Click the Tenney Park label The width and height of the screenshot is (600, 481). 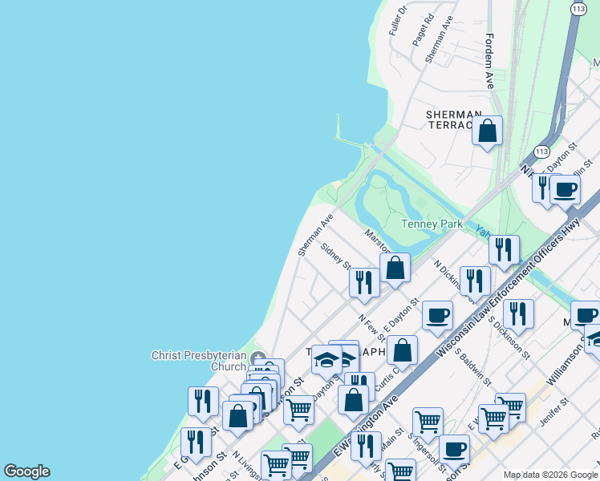pos(432,224)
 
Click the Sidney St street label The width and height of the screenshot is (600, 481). pos(335,255)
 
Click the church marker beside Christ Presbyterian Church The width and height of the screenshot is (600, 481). pos(257,358)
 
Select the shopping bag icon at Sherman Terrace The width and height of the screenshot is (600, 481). pos(487,130)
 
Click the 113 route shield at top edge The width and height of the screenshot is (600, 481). pos(578,8)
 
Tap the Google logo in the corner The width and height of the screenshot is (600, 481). pos(26,471)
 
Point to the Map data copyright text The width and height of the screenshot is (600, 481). pos(550,475)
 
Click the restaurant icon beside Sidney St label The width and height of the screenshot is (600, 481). pos(365,282)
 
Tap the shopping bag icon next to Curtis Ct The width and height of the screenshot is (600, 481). pos(403,350)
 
